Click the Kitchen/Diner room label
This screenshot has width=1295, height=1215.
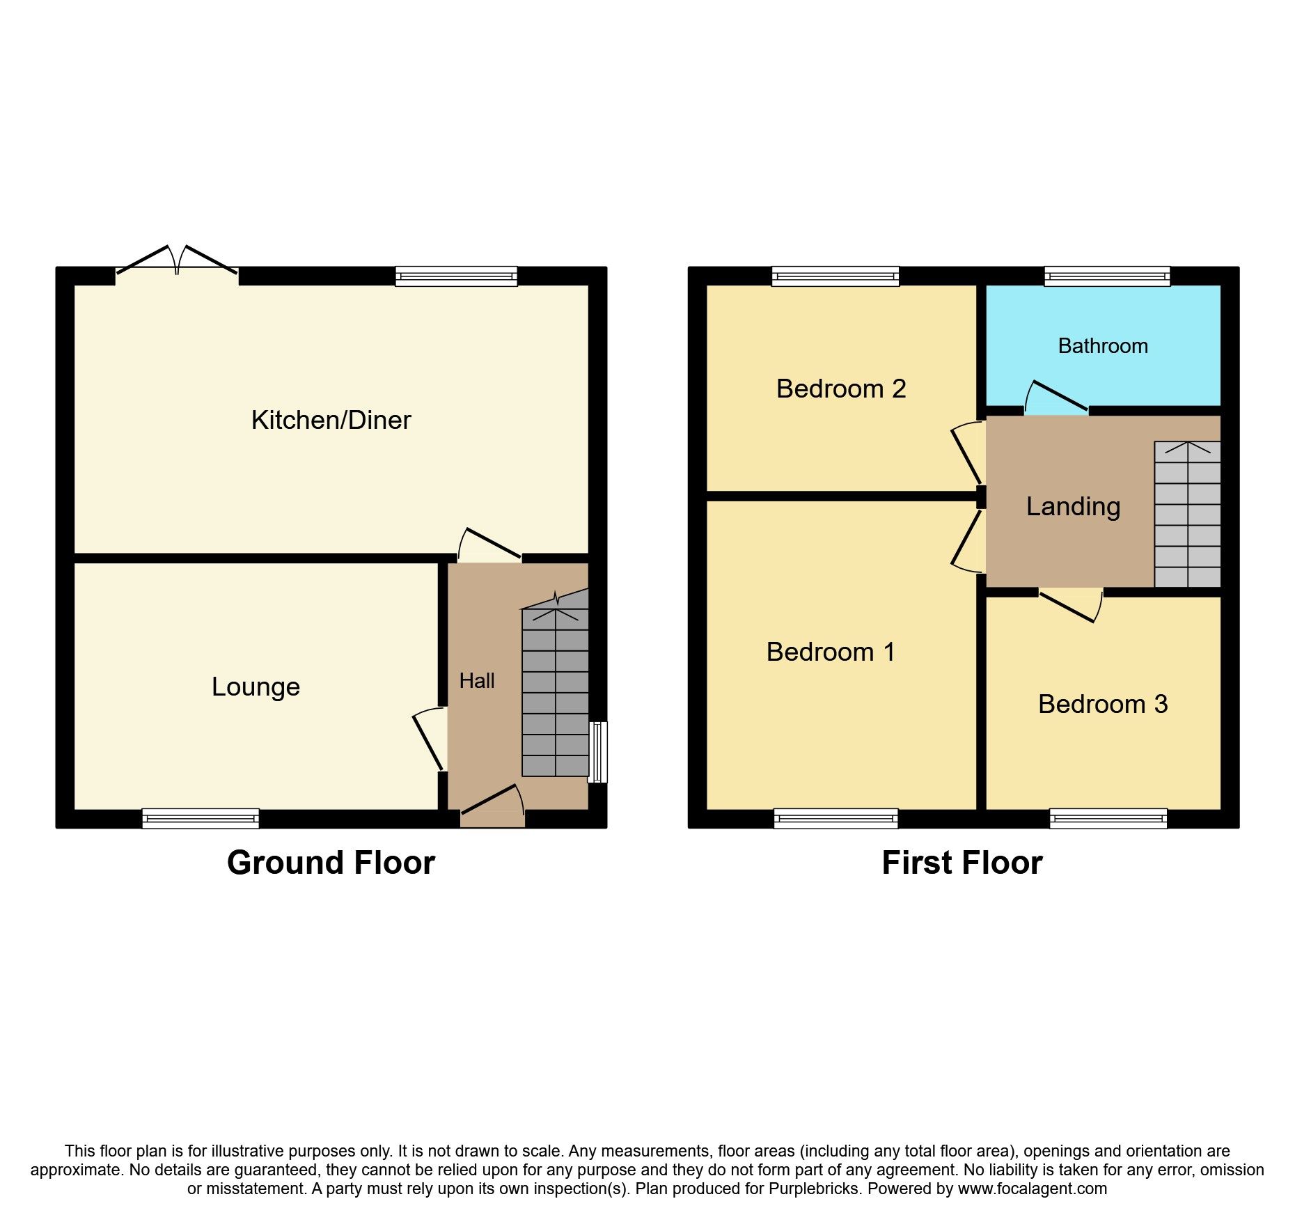click(331, 420)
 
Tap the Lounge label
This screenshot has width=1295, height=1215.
click(256, 687)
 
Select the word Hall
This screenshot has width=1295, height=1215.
click(477, 680)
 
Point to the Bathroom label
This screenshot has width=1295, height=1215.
click(1103, 345)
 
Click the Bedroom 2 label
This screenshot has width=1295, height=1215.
click(841, 389)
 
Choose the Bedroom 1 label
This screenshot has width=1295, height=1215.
click(830, 652)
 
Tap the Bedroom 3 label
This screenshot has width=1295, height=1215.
click(1103, 704)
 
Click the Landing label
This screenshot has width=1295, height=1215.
click(1073, 506)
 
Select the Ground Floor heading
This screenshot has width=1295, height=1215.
click(331, 863)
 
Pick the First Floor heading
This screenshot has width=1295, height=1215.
click(962, 863)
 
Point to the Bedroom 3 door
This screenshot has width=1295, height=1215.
click(1070, 604)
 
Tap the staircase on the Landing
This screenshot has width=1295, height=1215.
click(1187, 514)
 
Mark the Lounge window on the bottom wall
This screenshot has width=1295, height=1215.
click(201, 818)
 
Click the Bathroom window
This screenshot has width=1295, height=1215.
click(1107, 276)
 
